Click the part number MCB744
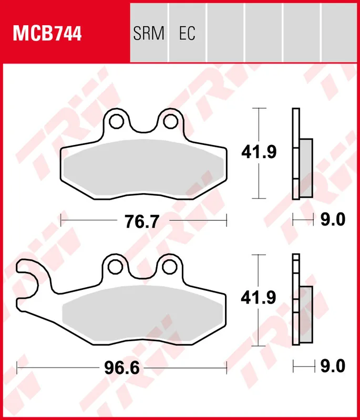tap(47, 34)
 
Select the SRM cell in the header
tap(149, 34)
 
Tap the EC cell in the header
tap(187, 34)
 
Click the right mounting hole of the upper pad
tap(169, 121)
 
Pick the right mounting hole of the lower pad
tap(169, 267)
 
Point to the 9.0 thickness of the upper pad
tap(332, 220)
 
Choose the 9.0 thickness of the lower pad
tap(332, 366)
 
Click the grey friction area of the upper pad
tap(142, 168)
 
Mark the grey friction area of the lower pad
tap(142, 315)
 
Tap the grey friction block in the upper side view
tap(306, 169)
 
